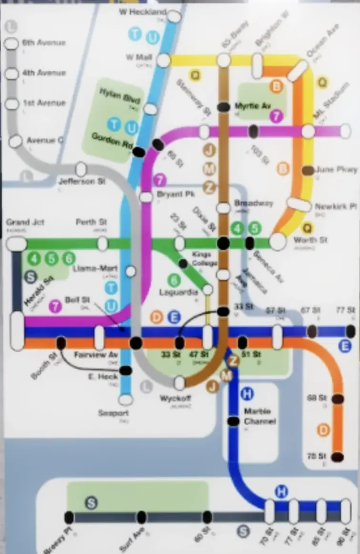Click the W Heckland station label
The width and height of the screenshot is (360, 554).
tap(142, 11)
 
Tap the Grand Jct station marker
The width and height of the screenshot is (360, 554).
tap(17, 244)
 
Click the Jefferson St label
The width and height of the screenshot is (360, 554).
tap(82, 181)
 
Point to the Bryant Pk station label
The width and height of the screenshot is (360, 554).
tap(169, 195)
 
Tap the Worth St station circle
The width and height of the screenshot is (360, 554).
tap(278, 241)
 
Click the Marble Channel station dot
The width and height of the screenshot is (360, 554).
tap(233, 421)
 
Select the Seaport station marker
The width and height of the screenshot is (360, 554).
tap(125, 400)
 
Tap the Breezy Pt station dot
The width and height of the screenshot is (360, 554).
tap(69, 517)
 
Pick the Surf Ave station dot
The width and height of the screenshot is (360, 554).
tap(142, 517)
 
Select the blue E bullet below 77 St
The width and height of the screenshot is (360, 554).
tap(345, 347)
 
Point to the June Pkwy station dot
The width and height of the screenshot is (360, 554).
tap(308, 170)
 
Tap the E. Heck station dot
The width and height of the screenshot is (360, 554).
tap(125, 370)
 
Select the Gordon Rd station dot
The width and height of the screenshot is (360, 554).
tap(139, 152)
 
